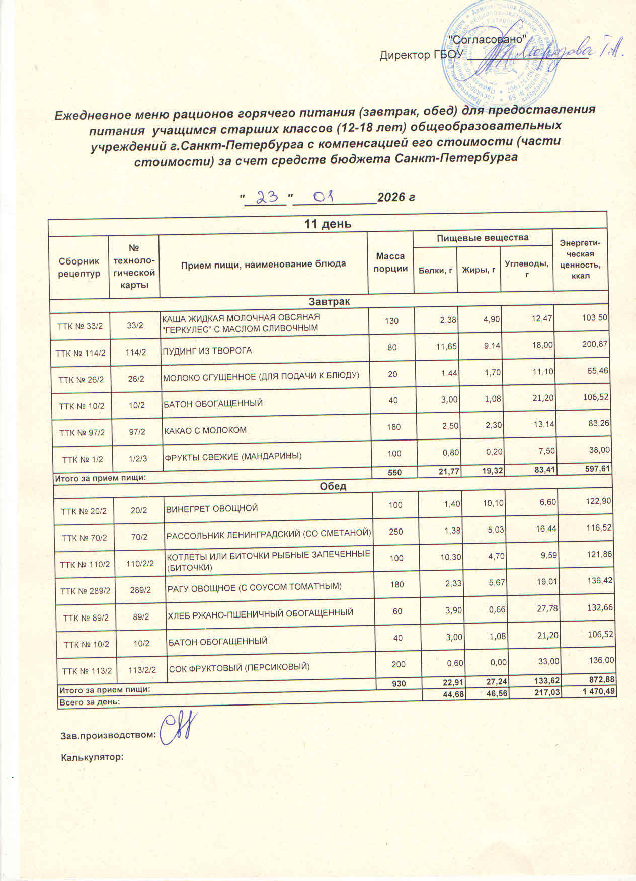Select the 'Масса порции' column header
[x=390, y=262]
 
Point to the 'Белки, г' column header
[x=435, y=271]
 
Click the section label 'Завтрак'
[x=329, y=301]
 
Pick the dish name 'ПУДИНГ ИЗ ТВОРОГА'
[x=207, y=350]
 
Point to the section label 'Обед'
[x=332, y=486]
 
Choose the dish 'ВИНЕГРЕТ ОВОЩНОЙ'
[x=212, y=508]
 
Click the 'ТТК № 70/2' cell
[x=84, y=538]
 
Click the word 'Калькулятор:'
[x=92, y=756]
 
